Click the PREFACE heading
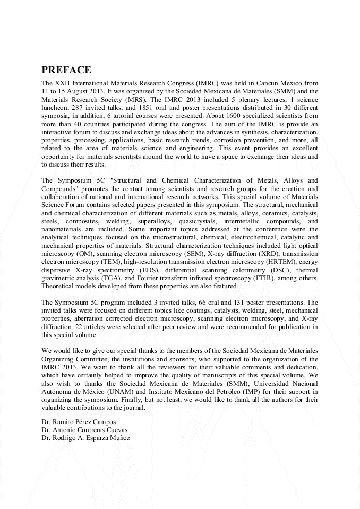pos(66,70)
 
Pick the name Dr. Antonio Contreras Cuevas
pos(84,430)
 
